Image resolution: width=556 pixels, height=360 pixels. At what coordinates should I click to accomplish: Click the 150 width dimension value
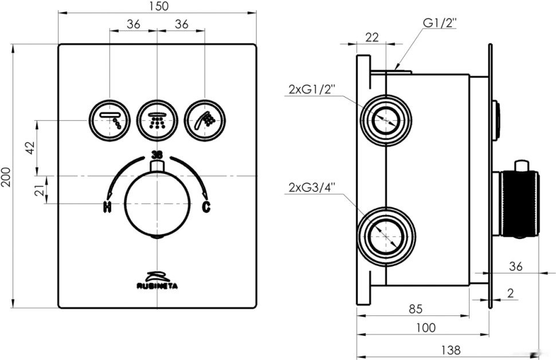156,6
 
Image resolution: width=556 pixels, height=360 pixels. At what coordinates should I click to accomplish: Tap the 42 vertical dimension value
29,147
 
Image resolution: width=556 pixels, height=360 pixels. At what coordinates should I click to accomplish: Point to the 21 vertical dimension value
40,190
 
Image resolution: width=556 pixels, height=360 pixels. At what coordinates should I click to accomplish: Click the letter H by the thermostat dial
107,207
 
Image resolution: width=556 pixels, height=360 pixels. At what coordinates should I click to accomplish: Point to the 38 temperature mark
156,155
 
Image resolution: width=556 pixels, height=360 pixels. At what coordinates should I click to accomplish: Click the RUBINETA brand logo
156,280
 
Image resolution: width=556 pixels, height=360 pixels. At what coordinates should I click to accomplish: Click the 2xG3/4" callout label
312,187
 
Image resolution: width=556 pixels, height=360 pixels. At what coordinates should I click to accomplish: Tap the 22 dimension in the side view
371,37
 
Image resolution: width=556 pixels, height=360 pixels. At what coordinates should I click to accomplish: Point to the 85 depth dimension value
416,309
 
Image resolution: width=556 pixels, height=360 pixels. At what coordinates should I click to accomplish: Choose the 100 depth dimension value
425,328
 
